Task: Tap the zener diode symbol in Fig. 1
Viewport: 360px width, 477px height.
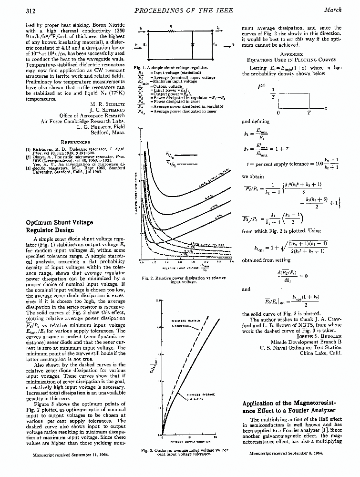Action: [x=192, y=44]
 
